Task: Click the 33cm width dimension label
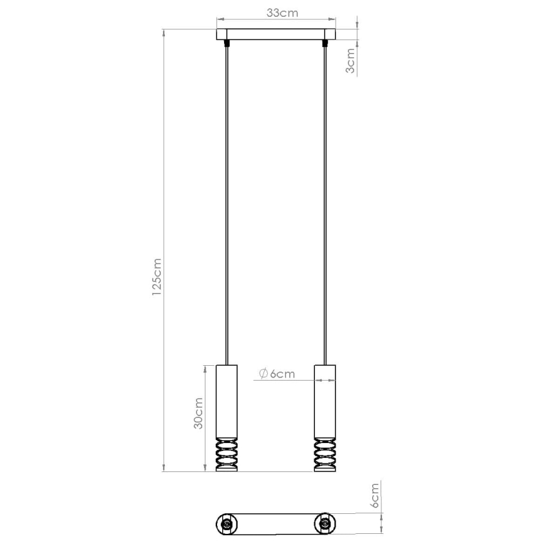tap(276, 12)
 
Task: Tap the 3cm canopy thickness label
tap(351, 61)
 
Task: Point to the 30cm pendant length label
tap(199, 413)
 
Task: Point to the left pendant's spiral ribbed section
tap(226, 455)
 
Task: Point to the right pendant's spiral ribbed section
tap(325, 455)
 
